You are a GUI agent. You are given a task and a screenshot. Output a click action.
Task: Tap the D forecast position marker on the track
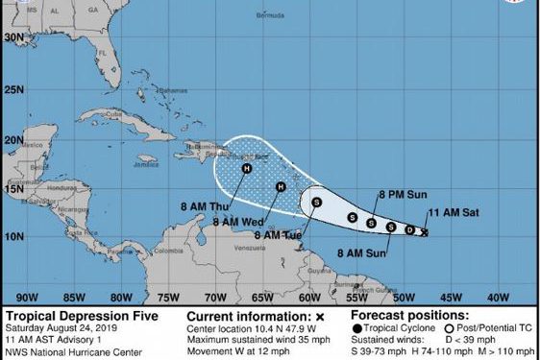point(410,229)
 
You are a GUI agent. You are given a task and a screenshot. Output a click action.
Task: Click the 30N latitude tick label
point(12,36)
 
